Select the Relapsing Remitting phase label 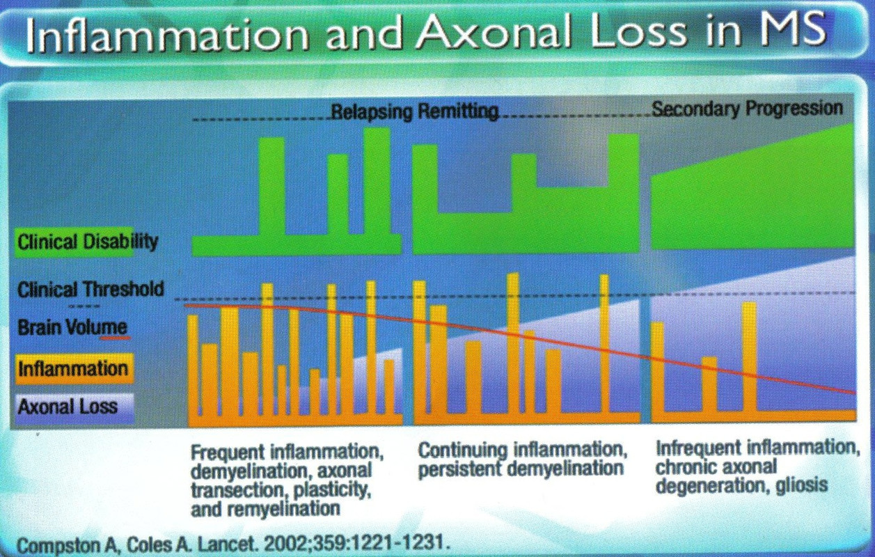pyautogui.click(x=415, y=112)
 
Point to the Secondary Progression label pyautogui.click(x=747, y=109)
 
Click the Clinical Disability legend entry pyautogui.click(x=88, y=242)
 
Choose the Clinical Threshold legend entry pyautogui.click(x=90, y=289)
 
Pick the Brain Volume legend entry pyautogui.click(x=72, y=327)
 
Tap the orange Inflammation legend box pyautogui.click(x=73, y=368)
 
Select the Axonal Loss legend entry pyautogui.click(x=68, y=406)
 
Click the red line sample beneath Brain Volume pyautogui.click(x=115, y=337)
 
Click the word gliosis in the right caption pyautogui.click(x=803, y=485)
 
